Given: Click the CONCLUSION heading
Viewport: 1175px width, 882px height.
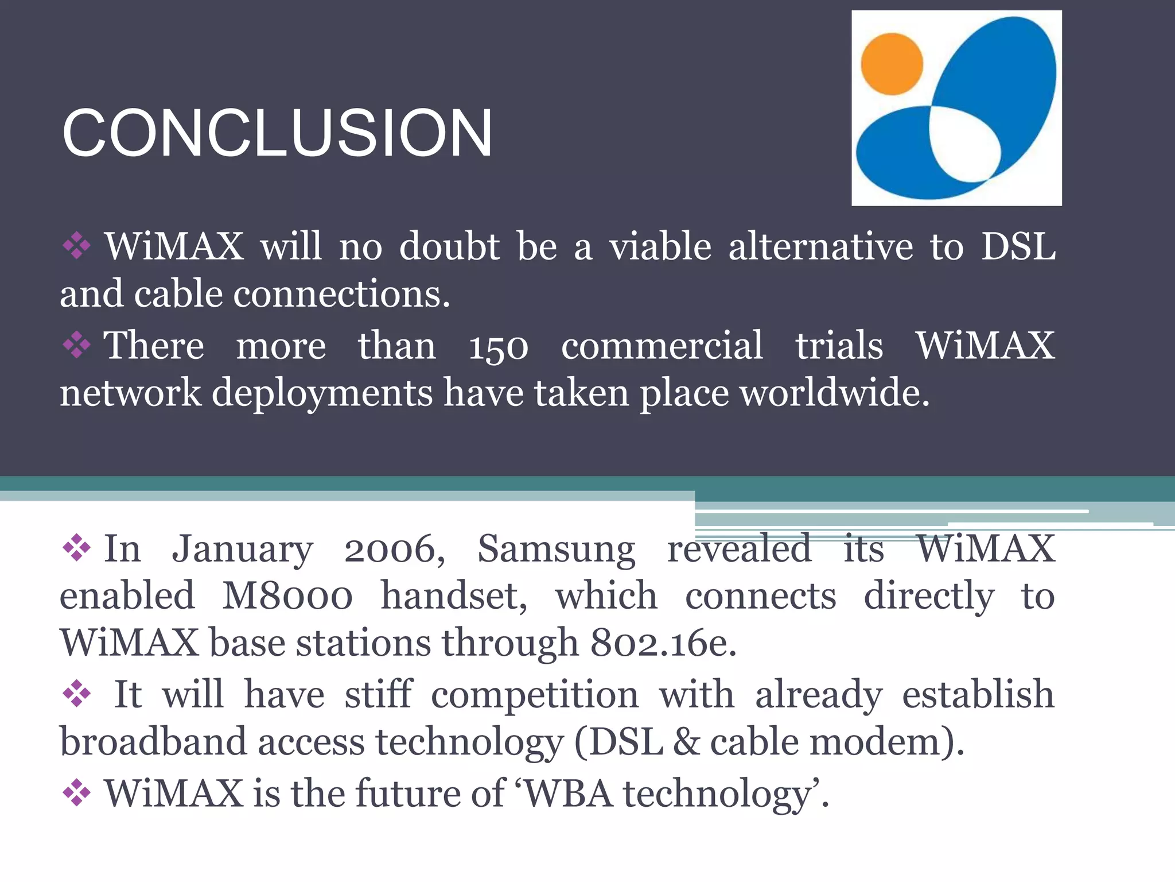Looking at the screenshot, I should (x=277, y=133).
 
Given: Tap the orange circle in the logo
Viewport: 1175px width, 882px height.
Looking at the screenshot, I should (x=892, y=64).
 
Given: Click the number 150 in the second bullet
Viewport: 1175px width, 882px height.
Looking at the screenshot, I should (x=498, y=347).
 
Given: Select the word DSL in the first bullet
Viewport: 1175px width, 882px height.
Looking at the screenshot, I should (x=1018, y=247).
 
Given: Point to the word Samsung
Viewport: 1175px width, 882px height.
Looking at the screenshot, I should (x=556, y=550).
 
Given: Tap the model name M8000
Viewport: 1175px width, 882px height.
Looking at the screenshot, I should (x=287, y=596).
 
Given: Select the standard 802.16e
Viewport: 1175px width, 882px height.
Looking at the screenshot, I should (x=663, y=643).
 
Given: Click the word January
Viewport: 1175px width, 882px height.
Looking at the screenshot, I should (x=242, y=550).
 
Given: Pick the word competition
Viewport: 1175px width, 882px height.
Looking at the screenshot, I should (x=534, y=695).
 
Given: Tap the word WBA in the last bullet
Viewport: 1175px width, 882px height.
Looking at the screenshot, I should (x=569, y=794).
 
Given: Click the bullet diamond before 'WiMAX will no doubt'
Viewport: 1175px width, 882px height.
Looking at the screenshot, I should (x=76, y=246).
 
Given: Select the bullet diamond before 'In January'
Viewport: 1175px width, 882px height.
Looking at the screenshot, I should (x=76, y=548).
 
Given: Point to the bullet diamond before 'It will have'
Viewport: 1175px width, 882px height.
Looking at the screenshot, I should (x=76, y=694).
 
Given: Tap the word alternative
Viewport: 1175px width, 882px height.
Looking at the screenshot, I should (x=820, y=247).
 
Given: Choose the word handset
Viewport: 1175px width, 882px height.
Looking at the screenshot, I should (x=453, y=596).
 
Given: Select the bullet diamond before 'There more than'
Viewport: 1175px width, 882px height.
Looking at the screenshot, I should (x=76, y=345).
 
